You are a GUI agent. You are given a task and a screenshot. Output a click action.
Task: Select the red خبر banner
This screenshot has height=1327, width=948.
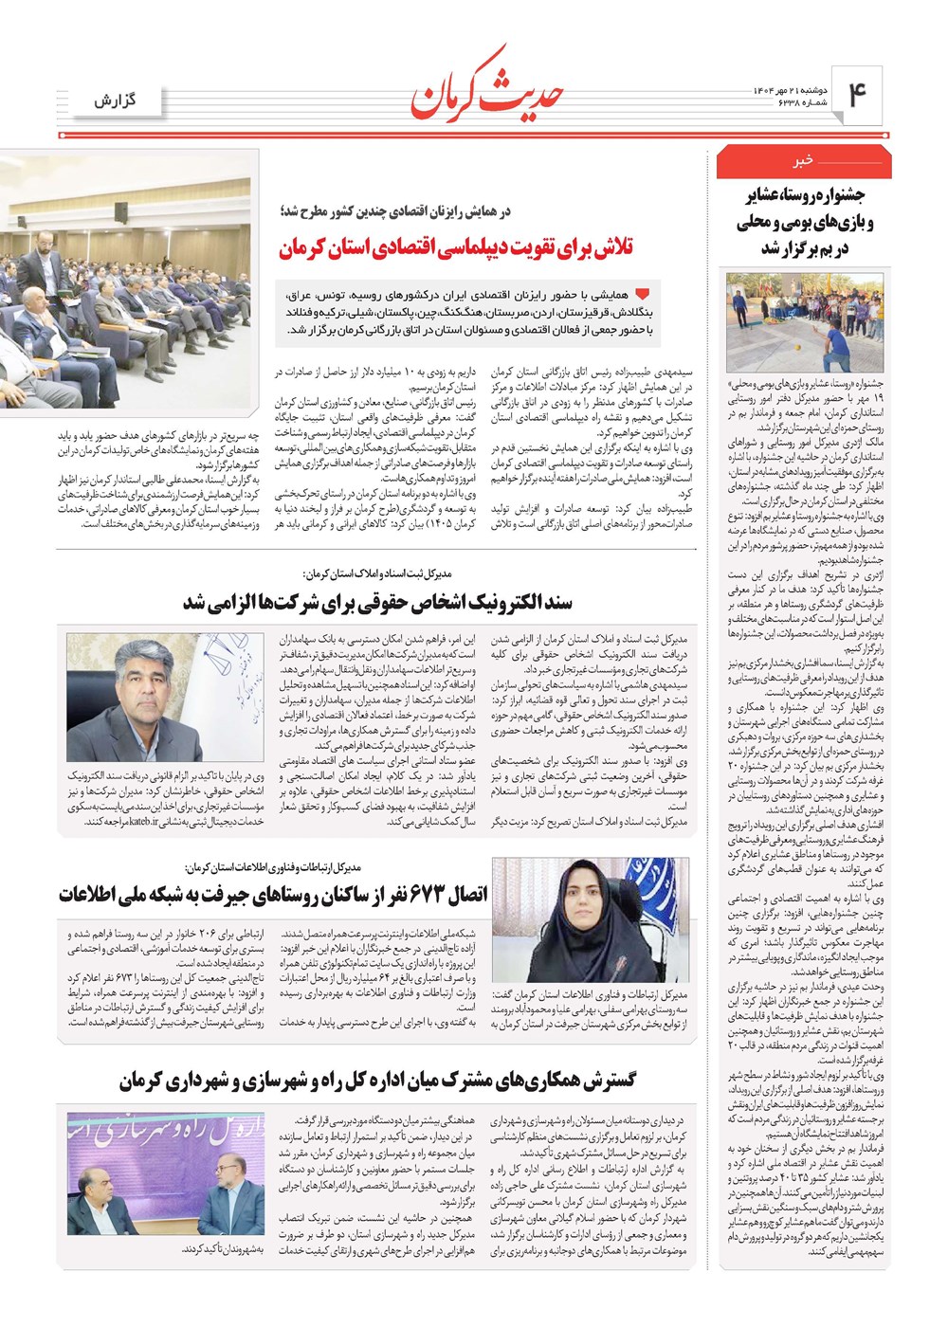click(x=804, y=162)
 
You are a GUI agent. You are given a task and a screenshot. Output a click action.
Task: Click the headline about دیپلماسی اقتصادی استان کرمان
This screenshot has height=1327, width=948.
click(x=456, y=249)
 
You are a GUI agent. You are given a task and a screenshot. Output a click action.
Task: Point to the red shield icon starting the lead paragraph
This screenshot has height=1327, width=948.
click(x=643, y=295)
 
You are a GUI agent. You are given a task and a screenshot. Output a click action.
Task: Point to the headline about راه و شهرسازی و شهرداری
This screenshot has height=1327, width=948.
click(x=377, y=1081)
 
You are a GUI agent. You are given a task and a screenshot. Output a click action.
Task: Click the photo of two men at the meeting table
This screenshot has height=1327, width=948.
click(x=165, y=1175)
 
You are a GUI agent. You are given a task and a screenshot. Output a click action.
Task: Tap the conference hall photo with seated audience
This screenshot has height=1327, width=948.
click(x=129, y=284)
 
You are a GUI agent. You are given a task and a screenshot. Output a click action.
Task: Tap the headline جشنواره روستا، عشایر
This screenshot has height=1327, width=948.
click(x=804, y=222)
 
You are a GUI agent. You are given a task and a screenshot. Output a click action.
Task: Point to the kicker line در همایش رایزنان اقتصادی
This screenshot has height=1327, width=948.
click(x=396, y=212)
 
